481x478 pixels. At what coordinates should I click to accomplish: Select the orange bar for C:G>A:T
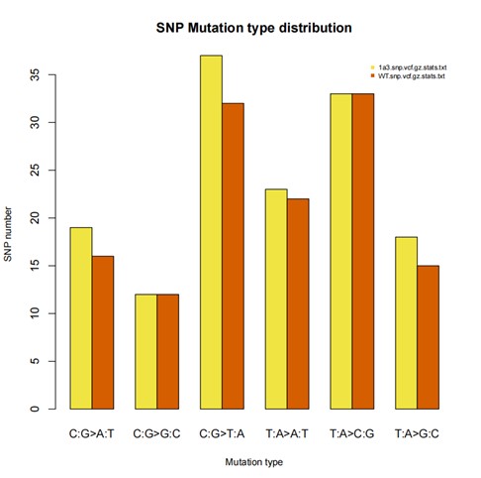[x=103, y=332]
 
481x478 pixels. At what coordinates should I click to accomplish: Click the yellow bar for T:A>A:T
[x=276, y=299]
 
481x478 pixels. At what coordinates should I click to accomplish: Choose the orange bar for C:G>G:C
[x=167, y=351]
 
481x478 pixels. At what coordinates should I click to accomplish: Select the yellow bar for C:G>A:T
[x=81, y=317]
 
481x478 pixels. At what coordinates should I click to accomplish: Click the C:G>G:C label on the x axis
[x=156, y=432]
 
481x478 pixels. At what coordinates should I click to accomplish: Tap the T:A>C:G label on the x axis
[x=351, y=432]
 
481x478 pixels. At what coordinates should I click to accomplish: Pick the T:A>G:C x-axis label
[x=417, y=432]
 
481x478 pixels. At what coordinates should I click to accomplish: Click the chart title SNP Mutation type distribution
[x=253, y=28]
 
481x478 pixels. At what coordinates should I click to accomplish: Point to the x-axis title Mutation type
[x=253, y=462]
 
